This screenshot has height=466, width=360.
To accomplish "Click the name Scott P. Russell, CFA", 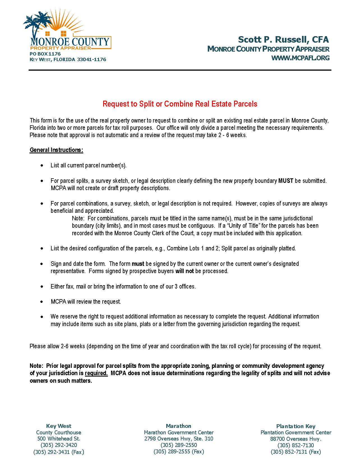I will [283, 40].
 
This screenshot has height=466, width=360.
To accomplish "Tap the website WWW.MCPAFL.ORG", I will [300, 58].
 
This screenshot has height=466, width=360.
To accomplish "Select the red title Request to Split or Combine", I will [180, 104].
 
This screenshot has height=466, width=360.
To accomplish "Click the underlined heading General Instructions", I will [56, 150].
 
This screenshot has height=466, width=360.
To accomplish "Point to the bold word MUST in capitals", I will [286, 181].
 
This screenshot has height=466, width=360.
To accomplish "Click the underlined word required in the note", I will [96, 373].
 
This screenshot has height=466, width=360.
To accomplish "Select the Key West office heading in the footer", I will [59, 426].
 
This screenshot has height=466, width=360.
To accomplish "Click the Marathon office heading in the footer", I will [179, 426].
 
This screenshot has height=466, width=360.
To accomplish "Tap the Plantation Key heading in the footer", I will [296, 426].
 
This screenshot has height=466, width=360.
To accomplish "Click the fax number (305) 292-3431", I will [59, 452].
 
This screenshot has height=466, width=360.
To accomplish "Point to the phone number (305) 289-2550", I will [179, 445].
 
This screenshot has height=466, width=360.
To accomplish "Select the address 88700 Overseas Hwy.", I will [296, 439].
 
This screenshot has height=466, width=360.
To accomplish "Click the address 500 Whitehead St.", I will [59, 439].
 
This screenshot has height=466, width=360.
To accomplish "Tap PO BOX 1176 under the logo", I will [45, 54].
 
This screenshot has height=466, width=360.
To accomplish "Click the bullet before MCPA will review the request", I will [42, 302].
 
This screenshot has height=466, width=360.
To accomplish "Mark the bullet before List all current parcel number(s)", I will [42, 165].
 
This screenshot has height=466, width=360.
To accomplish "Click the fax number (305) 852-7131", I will [296, 452].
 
